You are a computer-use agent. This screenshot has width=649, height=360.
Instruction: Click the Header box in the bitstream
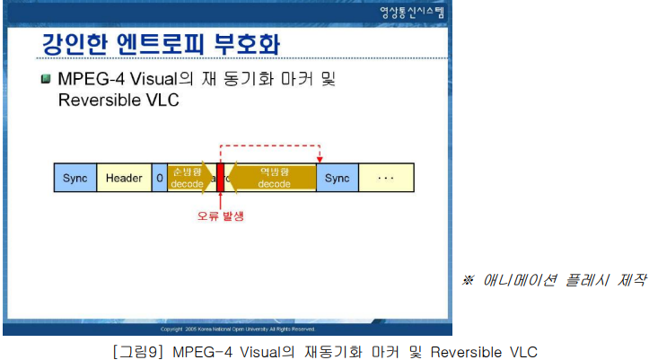[124, 178]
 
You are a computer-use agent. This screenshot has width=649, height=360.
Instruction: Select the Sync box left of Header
[75, 178]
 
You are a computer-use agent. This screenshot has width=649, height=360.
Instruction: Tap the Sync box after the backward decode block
[337, 178]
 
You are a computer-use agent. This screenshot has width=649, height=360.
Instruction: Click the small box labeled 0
[160, 178]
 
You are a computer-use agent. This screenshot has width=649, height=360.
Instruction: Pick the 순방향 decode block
[187, 178]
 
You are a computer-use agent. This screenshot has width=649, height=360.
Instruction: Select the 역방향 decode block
[274, 178]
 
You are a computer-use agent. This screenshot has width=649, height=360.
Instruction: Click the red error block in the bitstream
[220, 178]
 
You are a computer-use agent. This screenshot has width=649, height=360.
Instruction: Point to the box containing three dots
[386, 178]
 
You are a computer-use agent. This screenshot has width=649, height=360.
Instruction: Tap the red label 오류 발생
[221, 216]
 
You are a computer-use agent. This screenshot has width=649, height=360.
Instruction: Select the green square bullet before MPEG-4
[46, 79]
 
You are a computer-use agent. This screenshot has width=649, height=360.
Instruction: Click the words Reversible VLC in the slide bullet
[118, 100]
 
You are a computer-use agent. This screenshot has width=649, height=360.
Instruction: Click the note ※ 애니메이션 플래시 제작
[554, 279]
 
